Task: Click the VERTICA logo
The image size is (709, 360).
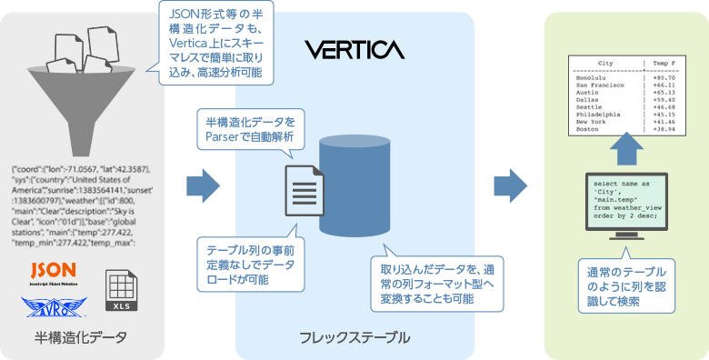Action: coord(355,46)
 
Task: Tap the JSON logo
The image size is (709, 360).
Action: coord(53,271)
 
